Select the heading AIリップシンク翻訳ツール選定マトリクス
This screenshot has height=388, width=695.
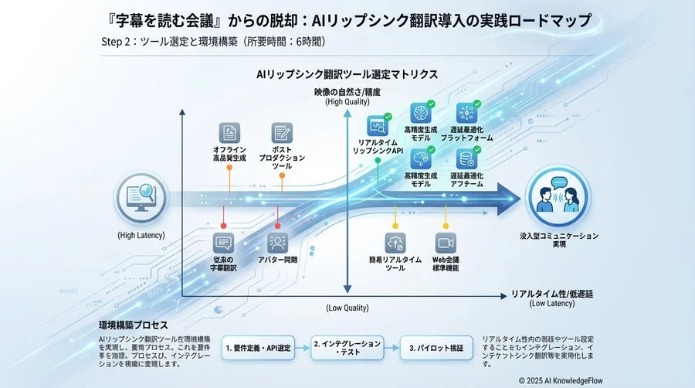pyautogui.click(x=347, y=74)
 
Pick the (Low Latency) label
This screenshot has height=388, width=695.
pyautogui.click(x=552, y=304)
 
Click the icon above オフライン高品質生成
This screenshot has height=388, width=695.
pyautogui.click(x=229, y=131)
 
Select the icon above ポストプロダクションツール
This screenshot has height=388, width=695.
pyautogui.click(x=282, y=131)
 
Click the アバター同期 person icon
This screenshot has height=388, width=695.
pyautogui.click(x=279, y=243)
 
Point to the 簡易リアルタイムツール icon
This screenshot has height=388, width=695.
pyautogui.click(x=395, y=242)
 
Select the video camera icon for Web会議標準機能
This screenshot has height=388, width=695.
pyautogui.click(x=446, y=242)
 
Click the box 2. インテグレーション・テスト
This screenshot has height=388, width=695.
pyautogui.click(x=347, y=348)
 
